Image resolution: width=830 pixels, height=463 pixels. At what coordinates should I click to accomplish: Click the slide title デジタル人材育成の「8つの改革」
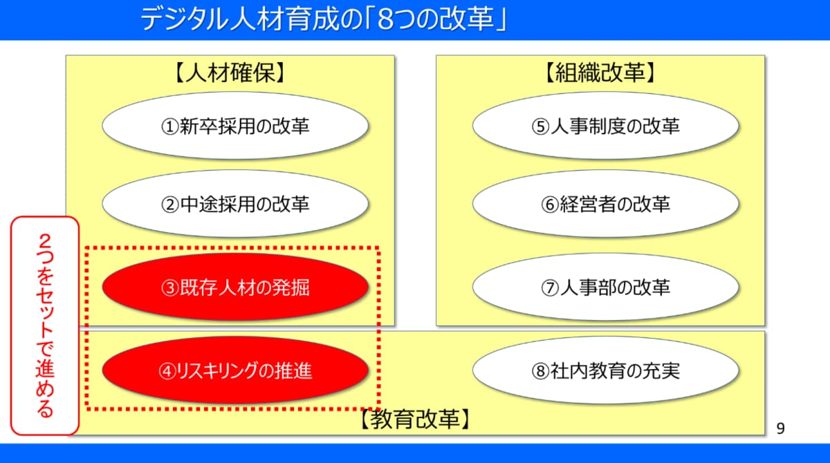pyautogui.click(x=324, y=19)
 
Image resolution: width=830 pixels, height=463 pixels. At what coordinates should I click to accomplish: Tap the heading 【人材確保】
pyautogui.click(x=230, y=73)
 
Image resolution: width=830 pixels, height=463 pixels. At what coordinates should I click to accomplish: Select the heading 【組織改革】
pyautogui.click(x=600, y=73)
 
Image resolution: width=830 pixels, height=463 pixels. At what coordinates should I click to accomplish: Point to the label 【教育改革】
pyautogui.click(x=415, y=419)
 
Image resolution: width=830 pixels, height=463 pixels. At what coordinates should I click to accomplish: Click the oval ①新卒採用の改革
pyautogui.click(x=235, y=126)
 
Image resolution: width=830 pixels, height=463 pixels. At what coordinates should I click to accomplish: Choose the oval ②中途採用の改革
pyautogui.click(x=235, y=204)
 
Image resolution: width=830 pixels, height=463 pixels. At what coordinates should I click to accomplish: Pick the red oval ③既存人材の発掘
pyautogui.click(x=235, y=287)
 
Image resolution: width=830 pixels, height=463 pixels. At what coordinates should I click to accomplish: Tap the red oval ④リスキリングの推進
pyautogui.click(x=235, y=370)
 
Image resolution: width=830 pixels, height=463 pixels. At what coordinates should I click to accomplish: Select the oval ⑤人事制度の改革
pyautogui.click(x=606, y=126)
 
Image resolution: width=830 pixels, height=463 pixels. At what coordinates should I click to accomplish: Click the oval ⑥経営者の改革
pyautogui.click(x=606, y=204)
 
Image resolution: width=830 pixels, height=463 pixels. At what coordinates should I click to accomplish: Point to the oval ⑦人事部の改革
pyautogui.click(x=606, y=287)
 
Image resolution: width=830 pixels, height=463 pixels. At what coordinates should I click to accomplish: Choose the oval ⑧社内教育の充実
pyautogui.click(x=606, y=370)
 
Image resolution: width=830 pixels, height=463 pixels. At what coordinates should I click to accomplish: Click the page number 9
pyautogui.click(x=781, y=428)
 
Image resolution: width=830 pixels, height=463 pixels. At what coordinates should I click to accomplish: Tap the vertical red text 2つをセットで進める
pyautogui.click(x=45, y=325)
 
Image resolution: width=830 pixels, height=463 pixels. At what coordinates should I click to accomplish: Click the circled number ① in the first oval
pyautogui.click(x=170, y=127)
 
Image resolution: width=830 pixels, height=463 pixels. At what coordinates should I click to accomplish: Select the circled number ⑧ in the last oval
pyautogui.click(x=540, y=372)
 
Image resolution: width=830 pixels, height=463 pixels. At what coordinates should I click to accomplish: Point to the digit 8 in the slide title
pyautogui.click(x=386, y=19)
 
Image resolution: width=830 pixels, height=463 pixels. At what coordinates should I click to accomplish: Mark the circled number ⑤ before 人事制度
pyautogui.click(x=540, y=127)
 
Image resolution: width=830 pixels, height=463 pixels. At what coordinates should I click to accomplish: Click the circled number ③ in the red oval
pyautogui.click(x=170, y=288)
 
